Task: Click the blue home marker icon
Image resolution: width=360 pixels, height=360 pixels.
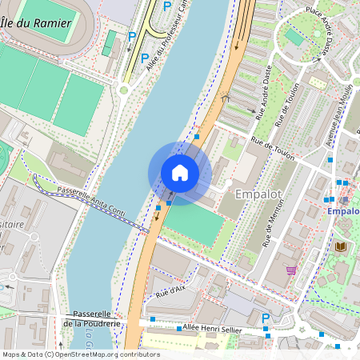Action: (179, 172)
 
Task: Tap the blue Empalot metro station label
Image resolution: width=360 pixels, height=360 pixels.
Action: (343, 211)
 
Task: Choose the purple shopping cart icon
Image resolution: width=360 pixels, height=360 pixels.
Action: (291, 270)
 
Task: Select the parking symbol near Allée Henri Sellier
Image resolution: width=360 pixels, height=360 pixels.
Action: (266, 318)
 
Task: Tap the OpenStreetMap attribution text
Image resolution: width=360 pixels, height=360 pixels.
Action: (80, 354)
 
